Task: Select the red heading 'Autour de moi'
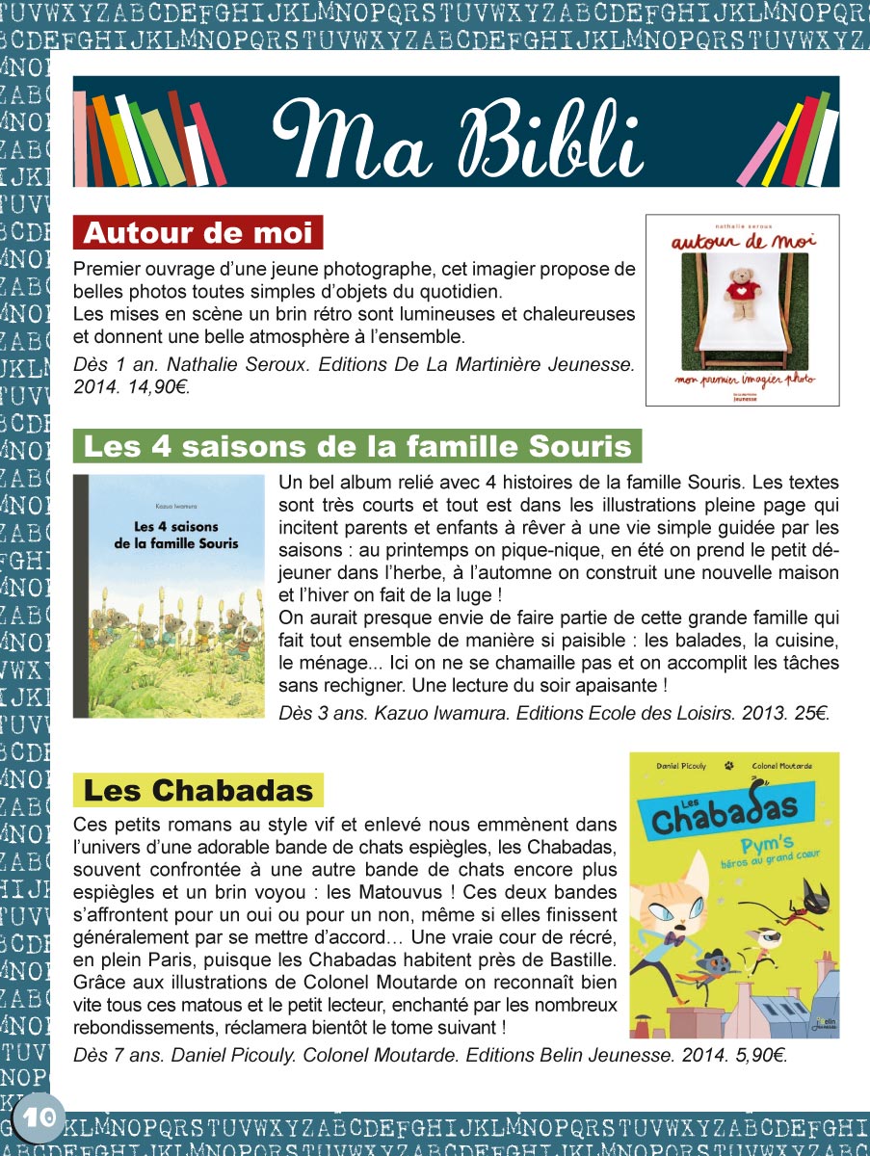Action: pos(198,233)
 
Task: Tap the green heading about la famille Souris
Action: pos(357,447)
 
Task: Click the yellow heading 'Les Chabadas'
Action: pos(198,790)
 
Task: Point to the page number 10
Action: pos(38,1118)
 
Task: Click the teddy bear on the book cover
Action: pos(741,293)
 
